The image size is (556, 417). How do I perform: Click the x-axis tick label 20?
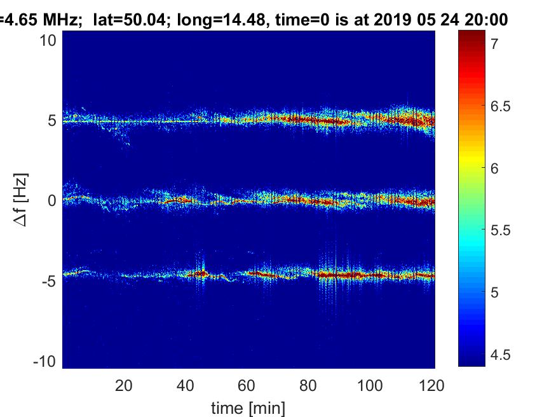pyautogui.click(x=124, y=386)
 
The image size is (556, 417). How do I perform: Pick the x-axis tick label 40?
pyautogui.click(x=186, y=386)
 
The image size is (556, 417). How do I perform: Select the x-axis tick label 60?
pyautogui.click(x=247, y=386)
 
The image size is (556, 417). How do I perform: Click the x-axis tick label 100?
pyautogui.click(x=370, y=386)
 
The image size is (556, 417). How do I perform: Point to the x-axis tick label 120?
pyautogui.click(x=432, y=386)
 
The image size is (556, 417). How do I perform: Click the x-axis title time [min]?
pyautogui.click(x=248, y=407)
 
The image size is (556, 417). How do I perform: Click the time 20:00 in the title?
pyautogui.click(x=487, y=20)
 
